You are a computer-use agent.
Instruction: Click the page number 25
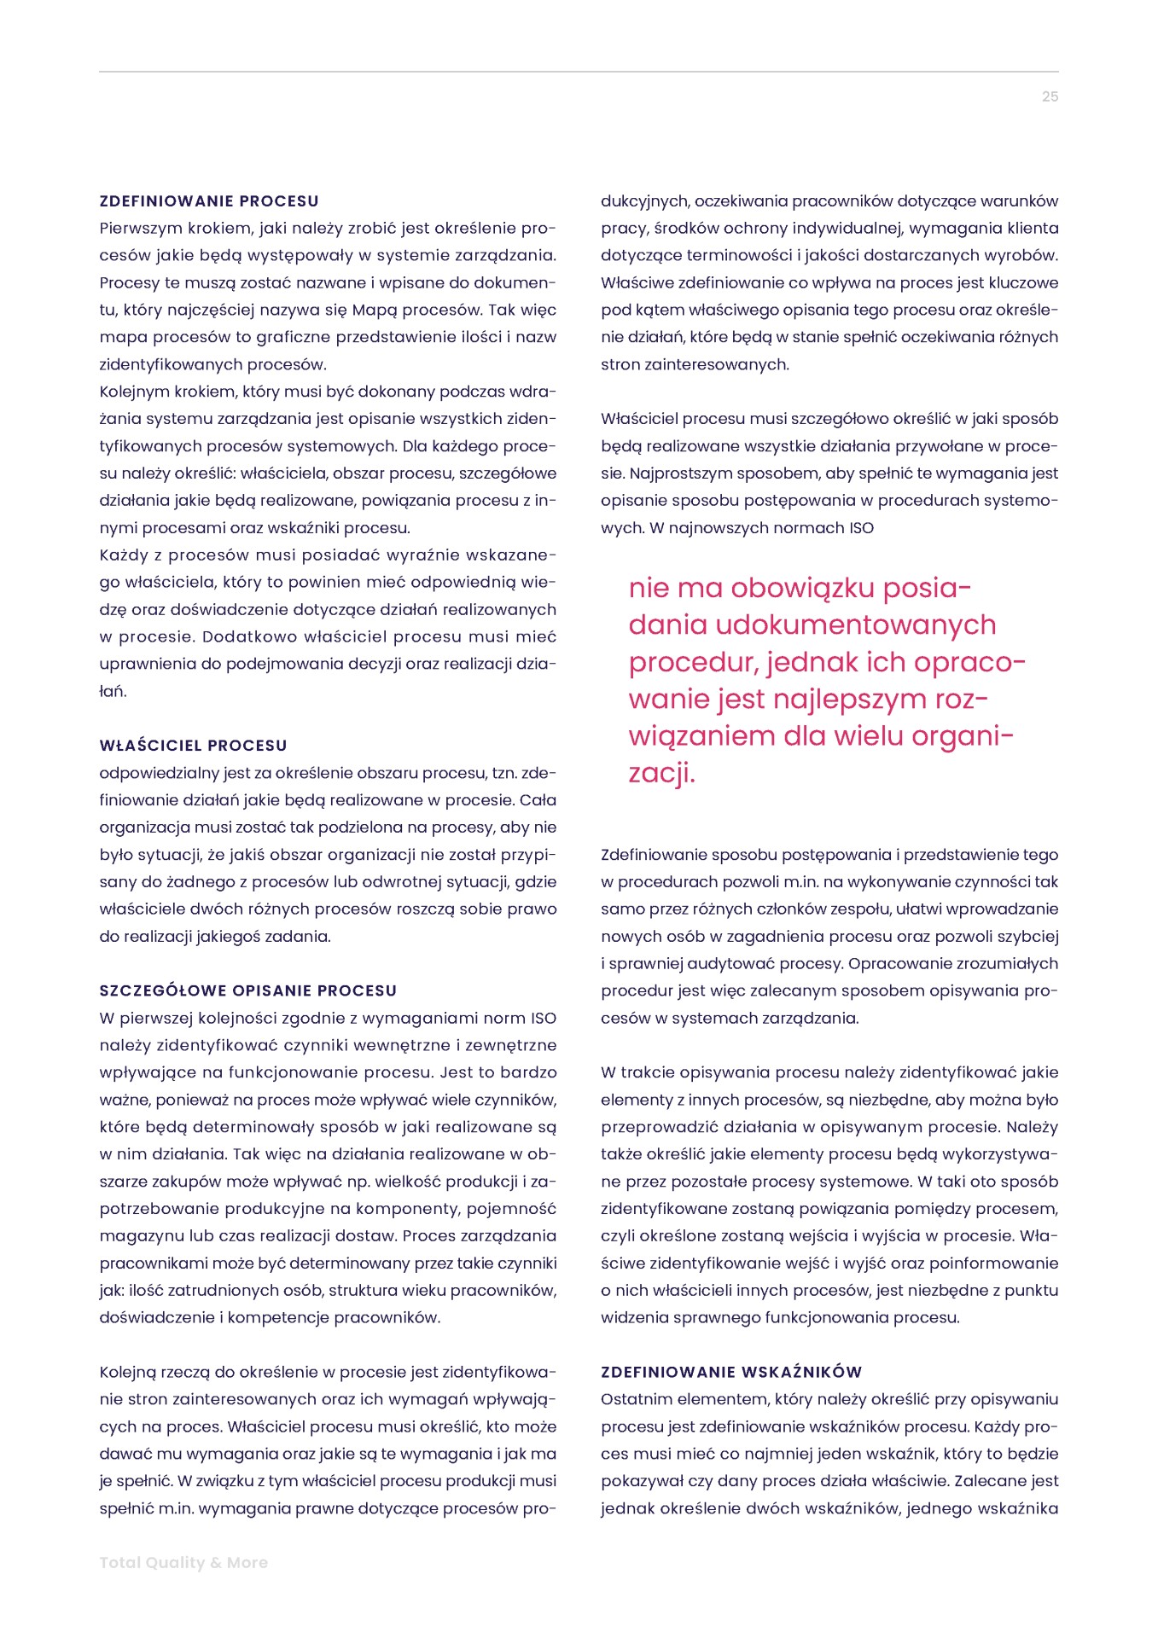click(x=1050, y=96)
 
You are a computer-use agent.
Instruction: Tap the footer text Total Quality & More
click(x=183, y=1562)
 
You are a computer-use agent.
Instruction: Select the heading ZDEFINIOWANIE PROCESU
click(x=209, y=201)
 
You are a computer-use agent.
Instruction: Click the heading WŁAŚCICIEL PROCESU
click(x=194, y=746)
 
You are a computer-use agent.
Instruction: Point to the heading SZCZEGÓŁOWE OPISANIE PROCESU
click(x=248, y=990)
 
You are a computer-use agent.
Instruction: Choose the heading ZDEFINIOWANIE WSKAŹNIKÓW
click(x=731, y=1372)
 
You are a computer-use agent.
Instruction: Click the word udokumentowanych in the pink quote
click(x=856, y=624)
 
